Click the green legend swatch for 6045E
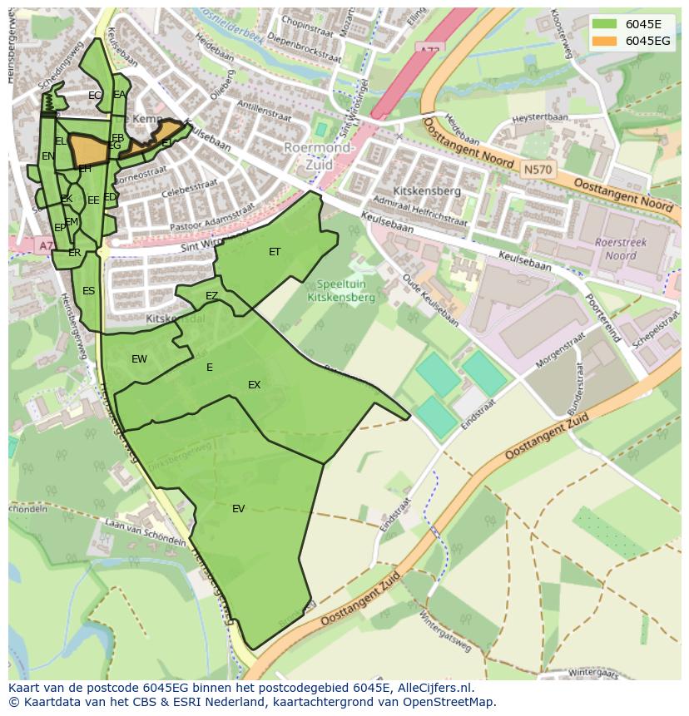tap(604, 24)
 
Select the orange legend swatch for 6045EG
tap(604, 41)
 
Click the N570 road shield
tap(536, 170)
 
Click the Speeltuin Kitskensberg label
tap(341, 289)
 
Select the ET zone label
tap(275, 252)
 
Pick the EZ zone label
tap(211, 296)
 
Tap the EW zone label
tap(139, 359)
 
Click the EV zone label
tap(238, 509)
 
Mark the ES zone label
tap(88, 291)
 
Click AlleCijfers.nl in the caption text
tap(432, 688)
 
